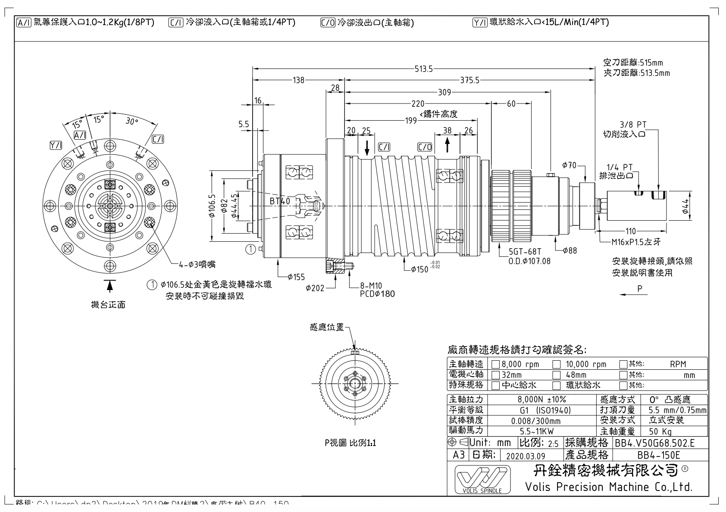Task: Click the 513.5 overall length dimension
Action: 423,69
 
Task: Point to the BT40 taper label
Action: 280,201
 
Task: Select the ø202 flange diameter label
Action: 315,288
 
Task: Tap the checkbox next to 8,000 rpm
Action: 496,365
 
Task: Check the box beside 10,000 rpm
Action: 557,365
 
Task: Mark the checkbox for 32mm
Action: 496,375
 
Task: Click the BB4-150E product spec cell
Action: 658,455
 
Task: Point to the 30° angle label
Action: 131,122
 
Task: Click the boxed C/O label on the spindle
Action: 425,147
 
